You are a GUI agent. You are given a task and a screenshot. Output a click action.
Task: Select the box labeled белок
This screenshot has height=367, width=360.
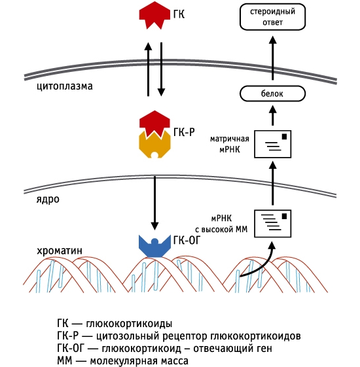point(272,94)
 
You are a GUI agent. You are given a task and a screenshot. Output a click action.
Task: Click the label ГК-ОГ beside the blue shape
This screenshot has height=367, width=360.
point(187,240)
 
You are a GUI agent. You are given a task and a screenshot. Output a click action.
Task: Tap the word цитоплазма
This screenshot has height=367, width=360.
point(65,86)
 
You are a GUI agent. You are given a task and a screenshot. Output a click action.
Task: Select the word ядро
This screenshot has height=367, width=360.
point(48,199)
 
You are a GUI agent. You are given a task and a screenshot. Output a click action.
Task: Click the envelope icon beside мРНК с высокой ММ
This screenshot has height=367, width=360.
point(272,224)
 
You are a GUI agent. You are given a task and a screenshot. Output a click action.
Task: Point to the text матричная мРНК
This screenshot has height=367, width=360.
point(230,145)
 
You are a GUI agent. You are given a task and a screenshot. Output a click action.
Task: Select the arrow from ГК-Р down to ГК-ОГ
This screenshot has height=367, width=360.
point(154,200)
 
